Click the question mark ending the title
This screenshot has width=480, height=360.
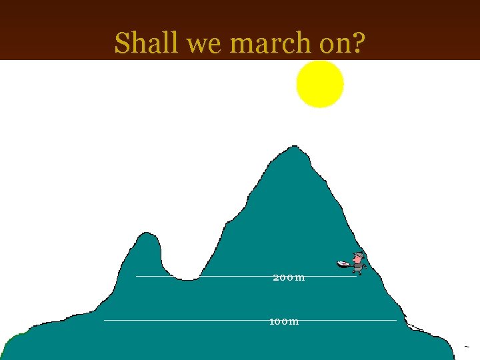coord(358,43)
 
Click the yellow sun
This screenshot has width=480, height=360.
coord(320,84)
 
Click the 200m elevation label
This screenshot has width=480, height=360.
coord(289,277)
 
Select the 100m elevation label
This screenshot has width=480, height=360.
coord(284,321)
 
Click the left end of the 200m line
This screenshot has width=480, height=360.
coord(137,276)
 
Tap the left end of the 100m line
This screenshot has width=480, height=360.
coord(105,321)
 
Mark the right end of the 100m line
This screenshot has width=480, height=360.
coord(395,321)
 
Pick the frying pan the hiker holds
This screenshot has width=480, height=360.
coord(343,265)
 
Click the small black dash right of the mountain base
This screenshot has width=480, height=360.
coord(467,347)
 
